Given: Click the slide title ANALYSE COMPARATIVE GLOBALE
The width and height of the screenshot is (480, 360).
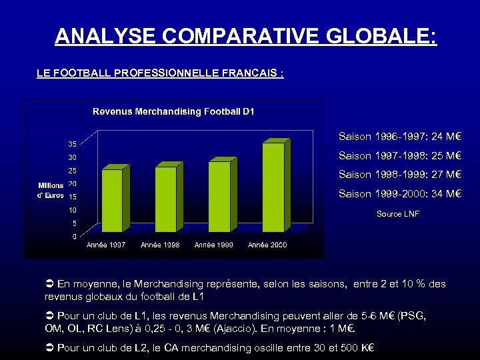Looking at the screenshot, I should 246,36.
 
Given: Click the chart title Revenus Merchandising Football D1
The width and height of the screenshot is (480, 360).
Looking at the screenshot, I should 173,111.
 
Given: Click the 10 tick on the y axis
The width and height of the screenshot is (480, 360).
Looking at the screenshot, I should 72,210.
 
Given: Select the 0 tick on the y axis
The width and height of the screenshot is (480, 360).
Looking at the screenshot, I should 73,237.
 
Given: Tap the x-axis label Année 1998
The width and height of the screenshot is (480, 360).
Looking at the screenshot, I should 159,245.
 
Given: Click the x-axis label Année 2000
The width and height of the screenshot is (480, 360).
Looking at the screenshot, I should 267,245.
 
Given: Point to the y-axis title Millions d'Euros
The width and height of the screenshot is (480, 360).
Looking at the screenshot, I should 51,190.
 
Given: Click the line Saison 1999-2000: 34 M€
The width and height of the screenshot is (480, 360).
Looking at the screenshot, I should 400,194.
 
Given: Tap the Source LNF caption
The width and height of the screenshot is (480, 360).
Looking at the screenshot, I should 398,214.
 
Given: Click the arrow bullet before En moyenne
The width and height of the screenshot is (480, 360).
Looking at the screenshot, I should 49,285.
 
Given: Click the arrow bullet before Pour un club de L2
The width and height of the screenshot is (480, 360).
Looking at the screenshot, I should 49,347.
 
